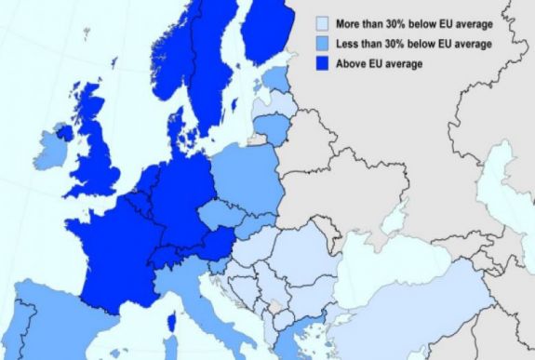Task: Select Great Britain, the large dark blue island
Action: (98, 149)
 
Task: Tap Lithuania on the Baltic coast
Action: (270, 124)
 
